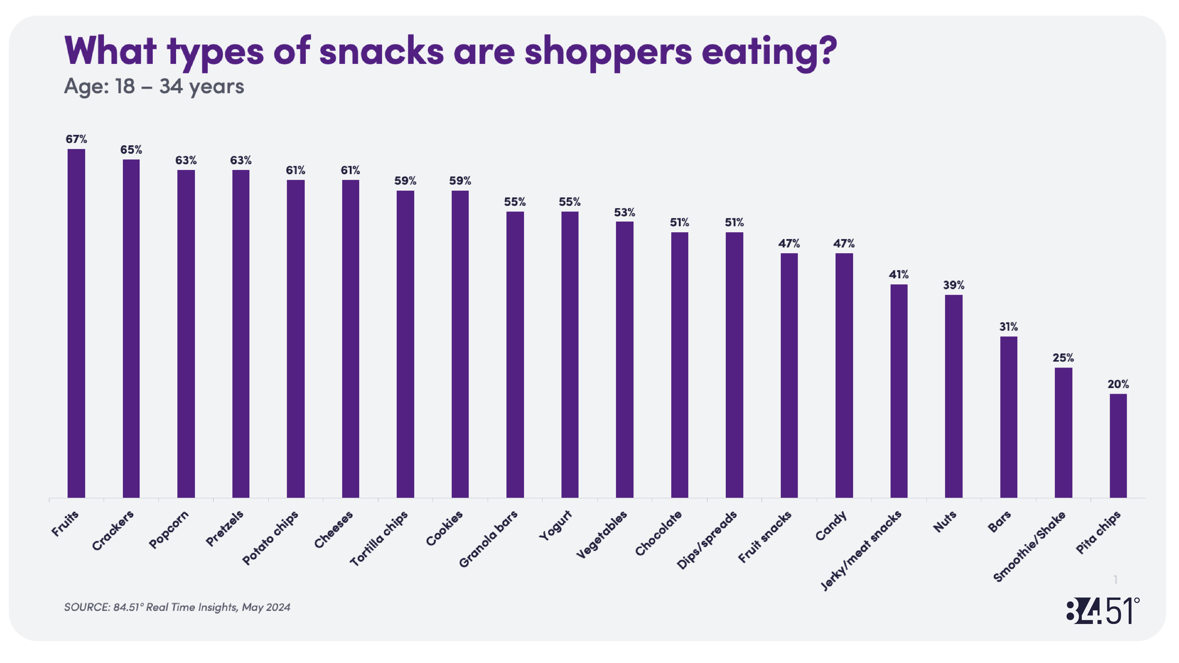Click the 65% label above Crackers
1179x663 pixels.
tap(131, 150)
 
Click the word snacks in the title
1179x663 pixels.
tap(381, 51)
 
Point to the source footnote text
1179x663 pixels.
tap(177, 607)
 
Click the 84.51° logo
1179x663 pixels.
tap(1102, 610)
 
